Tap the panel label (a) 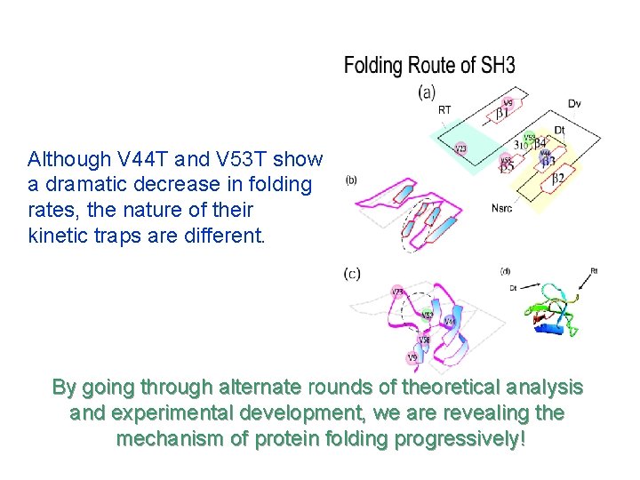pos(427,91)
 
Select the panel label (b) pos(351,180)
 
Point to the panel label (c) pos(353,273)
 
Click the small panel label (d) pos(505,270)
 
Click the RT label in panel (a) pos(444,110)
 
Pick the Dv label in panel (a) pos(574,104)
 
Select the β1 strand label pos(502,113)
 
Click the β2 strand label pos(558,179)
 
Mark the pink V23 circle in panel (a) pos(461,148)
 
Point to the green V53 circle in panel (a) pos(530,139)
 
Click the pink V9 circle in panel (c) pos(412,358)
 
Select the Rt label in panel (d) pos(593,271)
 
